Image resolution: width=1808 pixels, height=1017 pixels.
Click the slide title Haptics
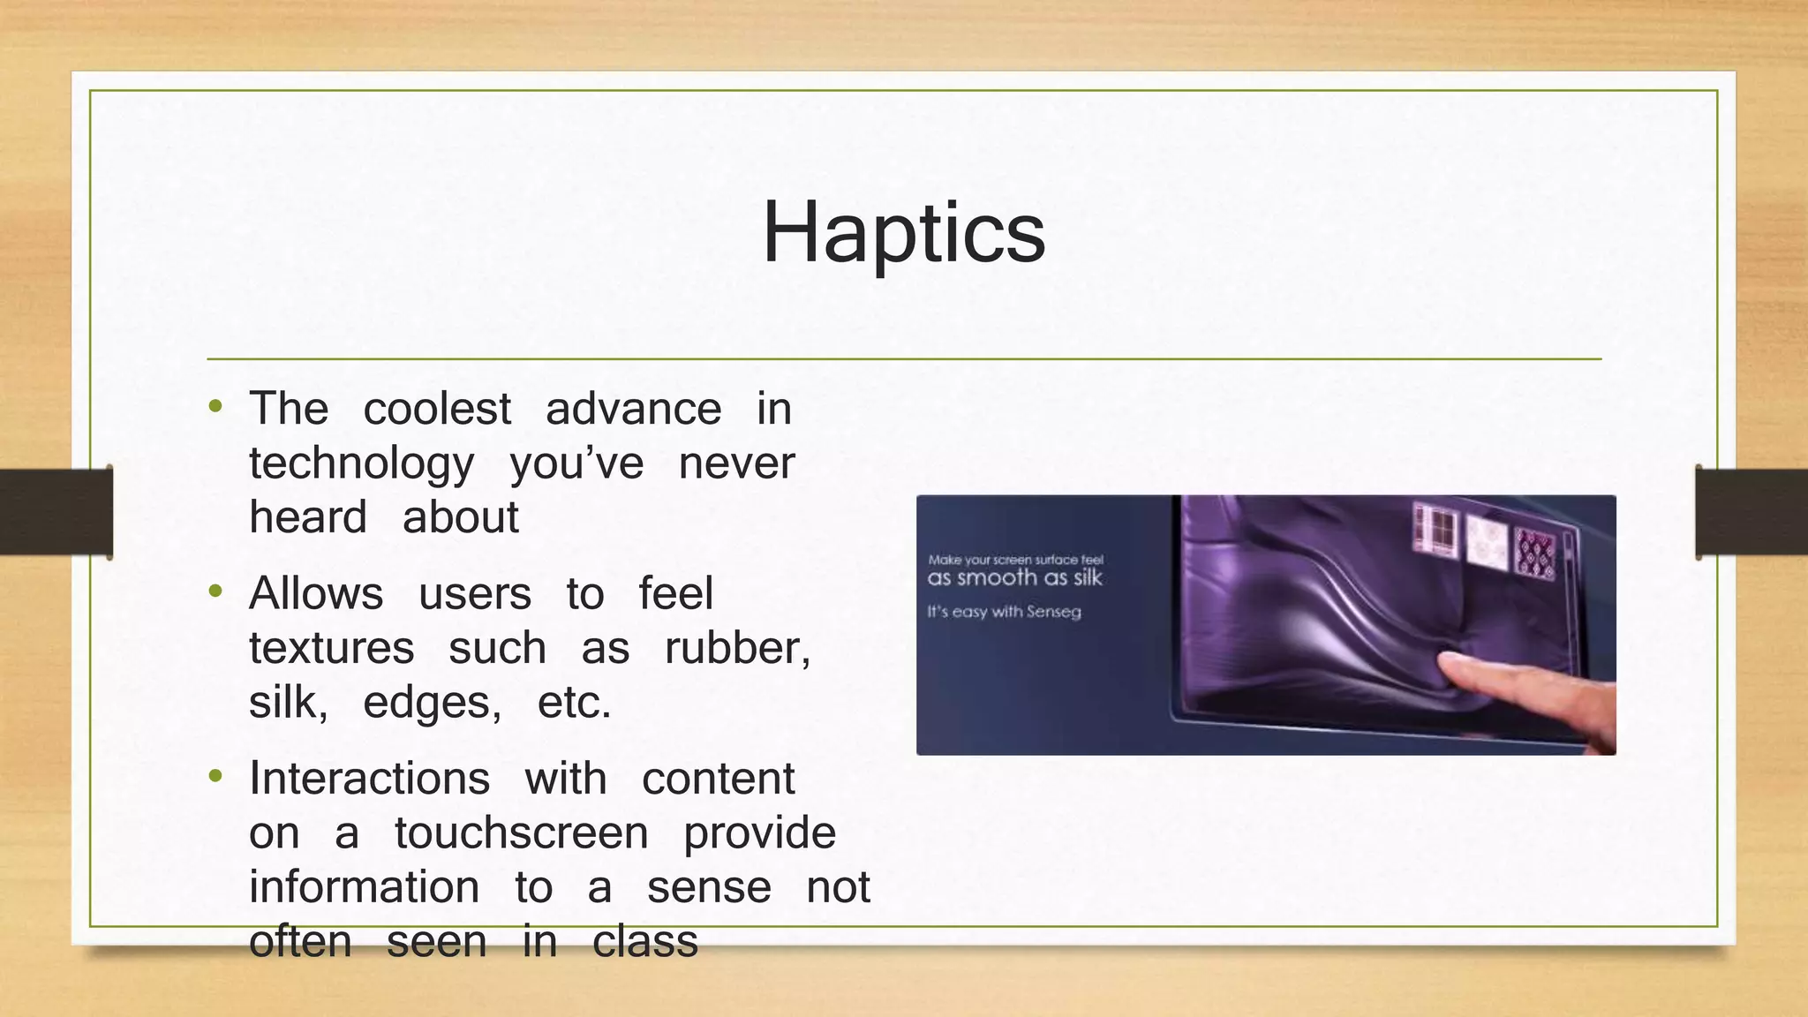tap(903, 233)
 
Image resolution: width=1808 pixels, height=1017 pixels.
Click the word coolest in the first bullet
tap(437, 409)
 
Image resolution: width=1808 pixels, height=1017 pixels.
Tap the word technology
tap(361, 464)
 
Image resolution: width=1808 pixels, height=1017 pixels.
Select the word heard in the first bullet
tap(307, 517)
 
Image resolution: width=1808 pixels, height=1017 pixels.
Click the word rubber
tap(736, 649)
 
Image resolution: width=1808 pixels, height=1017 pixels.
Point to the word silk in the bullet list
tap(288, 703)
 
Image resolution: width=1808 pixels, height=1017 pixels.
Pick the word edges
tap(431, 704)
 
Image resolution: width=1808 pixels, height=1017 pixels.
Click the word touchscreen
tap(521, 833)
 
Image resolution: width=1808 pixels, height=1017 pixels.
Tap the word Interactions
tap(369, 779)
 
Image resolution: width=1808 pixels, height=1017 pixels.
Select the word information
tap(364, 887)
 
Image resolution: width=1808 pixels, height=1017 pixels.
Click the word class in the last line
tap(645, 942)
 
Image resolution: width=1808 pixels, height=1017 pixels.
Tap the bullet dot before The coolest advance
tap(215, 407)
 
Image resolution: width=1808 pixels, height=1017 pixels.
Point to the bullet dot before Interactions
tap(215, 777)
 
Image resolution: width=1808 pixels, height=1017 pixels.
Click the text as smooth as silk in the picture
tap(1014, 578)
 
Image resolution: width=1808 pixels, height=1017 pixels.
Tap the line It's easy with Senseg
tap(1004, 612)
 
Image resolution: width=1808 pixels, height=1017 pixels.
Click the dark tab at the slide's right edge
tap(1751, 512)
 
